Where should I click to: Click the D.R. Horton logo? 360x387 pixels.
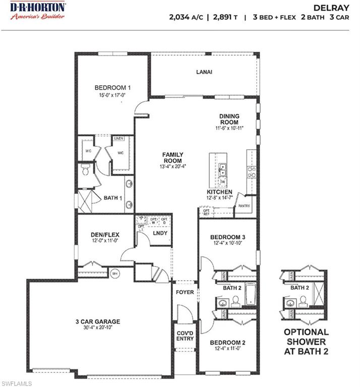point(37,10)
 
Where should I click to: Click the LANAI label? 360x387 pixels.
point(204,72)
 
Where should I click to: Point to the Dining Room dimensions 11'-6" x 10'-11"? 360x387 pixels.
point(229,128)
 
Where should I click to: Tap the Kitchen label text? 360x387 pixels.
point(219,192)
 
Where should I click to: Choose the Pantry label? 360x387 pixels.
point(244,206)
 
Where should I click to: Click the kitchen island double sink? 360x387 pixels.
point(222,169)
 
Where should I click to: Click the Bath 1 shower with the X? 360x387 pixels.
point(87,201)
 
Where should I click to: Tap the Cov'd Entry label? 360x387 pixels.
point(185,336)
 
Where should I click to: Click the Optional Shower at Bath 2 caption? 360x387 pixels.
point(306,341)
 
